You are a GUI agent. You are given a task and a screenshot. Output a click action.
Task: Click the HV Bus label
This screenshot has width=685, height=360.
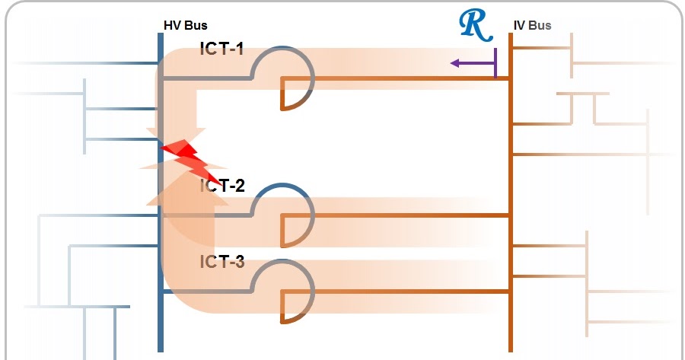pos(185,25)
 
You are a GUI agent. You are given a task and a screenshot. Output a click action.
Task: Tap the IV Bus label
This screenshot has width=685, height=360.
pos(532,25)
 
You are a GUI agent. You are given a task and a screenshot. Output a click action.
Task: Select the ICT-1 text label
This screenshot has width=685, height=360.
pos(222,49)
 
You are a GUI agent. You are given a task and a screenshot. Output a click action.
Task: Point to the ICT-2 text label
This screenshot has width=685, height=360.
pos(222,185)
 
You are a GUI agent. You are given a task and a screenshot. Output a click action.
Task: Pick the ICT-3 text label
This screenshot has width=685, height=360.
pos(222,263)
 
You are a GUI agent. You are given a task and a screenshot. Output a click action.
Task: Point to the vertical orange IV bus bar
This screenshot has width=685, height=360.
pos(510,190)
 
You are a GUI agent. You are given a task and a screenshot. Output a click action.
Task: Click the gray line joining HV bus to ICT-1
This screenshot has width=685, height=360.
pos(205,78)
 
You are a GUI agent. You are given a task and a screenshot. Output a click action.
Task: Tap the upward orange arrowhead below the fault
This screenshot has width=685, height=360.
pos(177,190)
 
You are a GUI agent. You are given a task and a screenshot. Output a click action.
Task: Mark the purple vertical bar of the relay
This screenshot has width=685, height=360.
pos(495,63)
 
